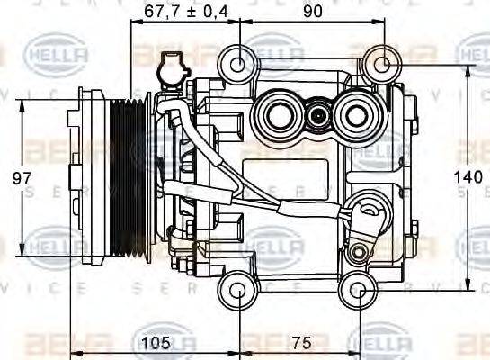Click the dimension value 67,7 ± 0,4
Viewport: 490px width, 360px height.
click(x=179, y=11)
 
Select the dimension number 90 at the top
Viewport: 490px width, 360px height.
click(x=312, y=11)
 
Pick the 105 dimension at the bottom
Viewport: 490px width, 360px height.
click(x=156, y=344)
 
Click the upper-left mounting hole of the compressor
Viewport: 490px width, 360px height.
click(x=238, y=64)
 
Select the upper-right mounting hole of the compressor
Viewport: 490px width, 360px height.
click(x=382, y=64)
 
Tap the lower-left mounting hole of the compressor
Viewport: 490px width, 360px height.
click(x=238, y=290)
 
